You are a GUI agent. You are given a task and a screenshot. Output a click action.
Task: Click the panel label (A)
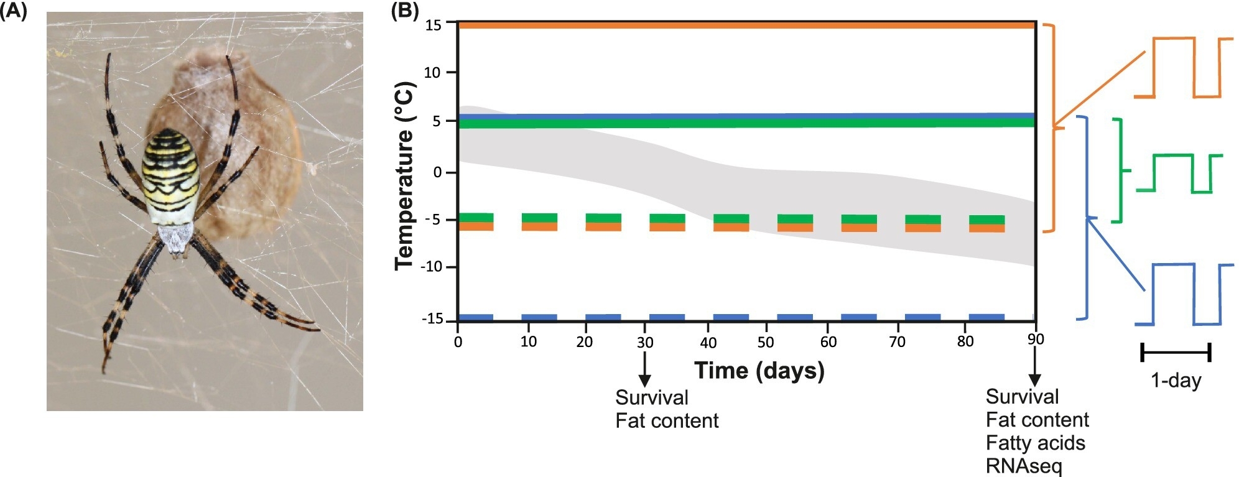pos(14,12)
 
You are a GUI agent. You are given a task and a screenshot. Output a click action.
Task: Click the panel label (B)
pos(404,11)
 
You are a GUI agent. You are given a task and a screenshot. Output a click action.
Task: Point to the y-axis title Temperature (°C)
pos(404,176)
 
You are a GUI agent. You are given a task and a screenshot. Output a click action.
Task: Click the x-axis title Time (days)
pos(759,371)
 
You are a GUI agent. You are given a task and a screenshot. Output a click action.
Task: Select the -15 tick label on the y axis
pos(433,319)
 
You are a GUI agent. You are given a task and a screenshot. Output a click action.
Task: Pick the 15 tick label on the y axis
pos(433,25)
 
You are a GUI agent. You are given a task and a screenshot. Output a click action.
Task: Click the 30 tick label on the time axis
pos(645,342)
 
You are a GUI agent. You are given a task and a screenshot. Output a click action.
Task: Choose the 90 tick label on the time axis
pos(1036,340)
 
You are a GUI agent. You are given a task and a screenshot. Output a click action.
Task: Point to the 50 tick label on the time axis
pos(766,342)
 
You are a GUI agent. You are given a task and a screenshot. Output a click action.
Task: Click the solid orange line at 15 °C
pos(746,25)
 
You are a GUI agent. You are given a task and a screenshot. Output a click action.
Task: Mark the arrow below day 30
pos(645,370)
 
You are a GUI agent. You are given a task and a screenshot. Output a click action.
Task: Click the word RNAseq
pos(1024,466)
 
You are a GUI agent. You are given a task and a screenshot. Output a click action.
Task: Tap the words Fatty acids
pos(1036,443)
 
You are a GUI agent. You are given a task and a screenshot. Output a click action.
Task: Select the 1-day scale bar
pos(1176,353)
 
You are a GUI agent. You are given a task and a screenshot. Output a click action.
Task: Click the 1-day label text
pos(1176,380)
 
